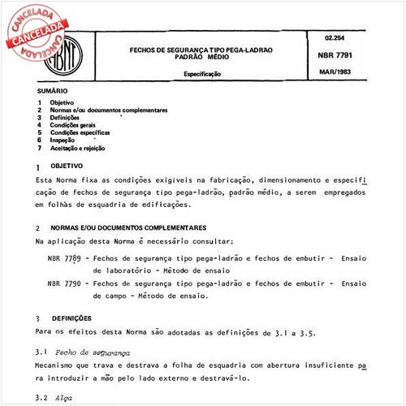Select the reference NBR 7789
63,257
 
